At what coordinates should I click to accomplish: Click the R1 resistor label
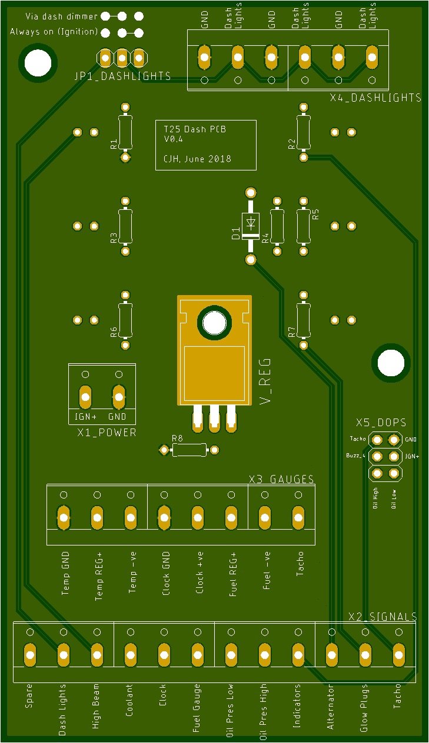[114, 144]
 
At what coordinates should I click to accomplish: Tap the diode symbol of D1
[251, 221]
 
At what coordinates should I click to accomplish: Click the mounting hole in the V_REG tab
[214, 323]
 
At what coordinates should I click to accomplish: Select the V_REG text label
[265, 381]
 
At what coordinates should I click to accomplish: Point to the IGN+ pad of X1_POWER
[85, 397]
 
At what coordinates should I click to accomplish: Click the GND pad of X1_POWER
[118, 397]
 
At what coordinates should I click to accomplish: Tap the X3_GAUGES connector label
[281, 479]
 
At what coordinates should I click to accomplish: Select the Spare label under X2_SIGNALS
[29, 695]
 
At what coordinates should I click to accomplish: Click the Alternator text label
[330, 706]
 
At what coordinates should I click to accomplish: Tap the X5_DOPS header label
[381, 423]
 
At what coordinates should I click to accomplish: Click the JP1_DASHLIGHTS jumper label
[122, 76]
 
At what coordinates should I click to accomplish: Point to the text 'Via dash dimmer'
[61, 16]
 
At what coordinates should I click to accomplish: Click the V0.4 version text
[174, 139]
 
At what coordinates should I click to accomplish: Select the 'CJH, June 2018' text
[197, 159]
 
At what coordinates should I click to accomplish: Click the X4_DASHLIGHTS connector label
[375, 98]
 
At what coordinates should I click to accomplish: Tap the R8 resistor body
[189, 450]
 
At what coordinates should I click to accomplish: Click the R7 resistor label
[291, 332]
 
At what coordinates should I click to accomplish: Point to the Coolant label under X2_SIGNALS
[129, 700]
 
